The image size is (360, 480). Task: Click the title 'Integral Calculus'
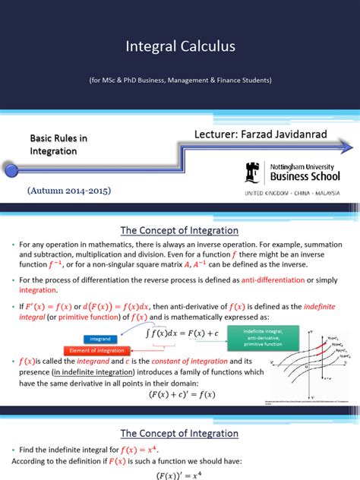[180, 46]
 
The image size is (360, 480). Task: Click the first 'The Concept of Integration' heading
[180, 210]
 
